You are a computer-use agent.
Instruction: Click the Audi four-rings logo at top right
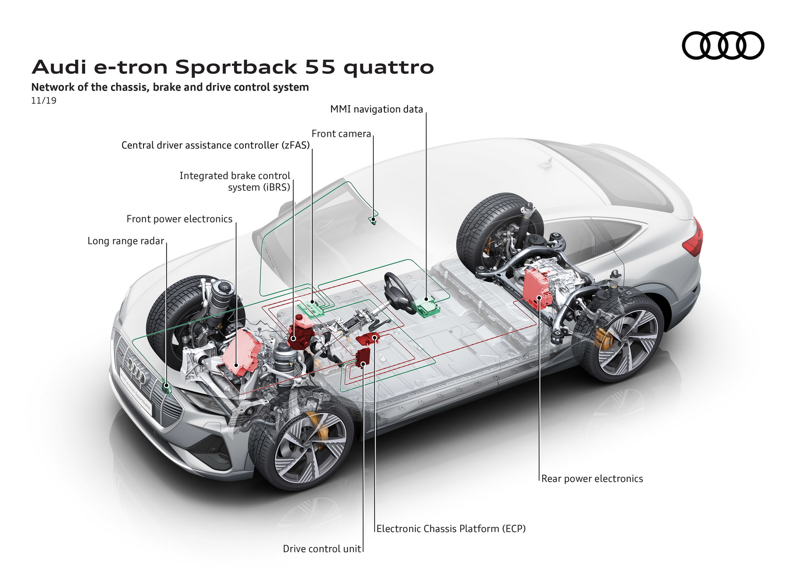tap(723, 45)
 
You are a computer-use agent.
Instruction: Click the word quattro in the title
tap(388, 68)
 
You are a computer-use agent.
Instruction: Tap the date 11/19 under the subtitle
tap(43, 100)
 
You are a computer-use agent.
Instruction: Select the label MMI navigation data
tap(376, 109)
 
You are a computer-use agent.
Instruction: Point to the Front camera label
tap(341, 134)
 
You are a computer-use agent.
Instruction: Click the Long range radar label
tap(125, 241)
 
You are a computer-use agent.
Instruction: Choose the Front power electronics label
tap(179, 219)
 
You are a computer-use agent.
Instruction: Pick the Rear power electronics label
tap(592, 478)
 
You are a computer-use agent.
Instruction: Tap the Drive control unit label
tap(321, 549)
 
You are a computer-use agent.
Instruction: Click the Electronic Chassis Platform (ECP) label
tap(451, 529)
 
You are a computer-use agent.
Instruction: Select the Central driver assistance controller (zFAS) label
tap(215, 145)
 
